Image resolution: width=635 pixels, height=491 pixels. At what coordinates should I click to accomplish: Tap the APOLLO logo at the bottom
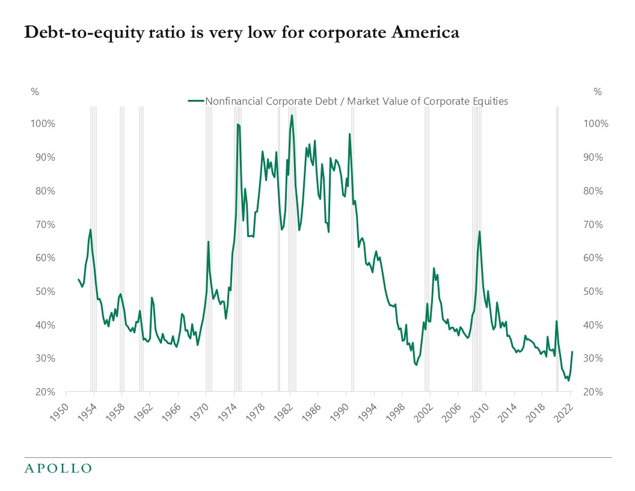[58, 468]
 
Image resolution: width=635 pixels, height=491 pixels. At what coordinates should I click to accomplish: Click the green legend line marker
[196, 101]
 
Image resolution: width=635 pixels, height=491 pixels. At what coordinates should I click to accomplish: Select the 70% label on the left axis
[44, 224]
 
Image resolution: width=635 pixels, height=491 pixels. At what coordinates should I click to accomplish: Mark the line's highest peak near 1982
[292, 116]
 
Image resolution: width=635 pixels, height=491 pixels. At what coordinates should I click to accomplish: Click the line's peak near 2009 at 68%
[479, 231]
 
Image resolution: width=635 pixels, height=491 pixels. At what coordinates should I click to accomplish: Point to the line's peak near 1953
[91, 229]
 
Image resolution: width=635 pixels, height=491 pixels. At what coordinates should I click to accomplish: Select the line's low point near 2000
[416, 365]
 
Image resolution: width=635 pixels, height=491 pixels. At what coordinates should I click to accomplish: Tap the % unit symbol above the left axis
[34, 92]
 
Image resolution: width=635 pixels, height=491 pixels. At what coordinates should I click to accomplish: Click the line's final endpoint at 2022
[572, 352]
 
